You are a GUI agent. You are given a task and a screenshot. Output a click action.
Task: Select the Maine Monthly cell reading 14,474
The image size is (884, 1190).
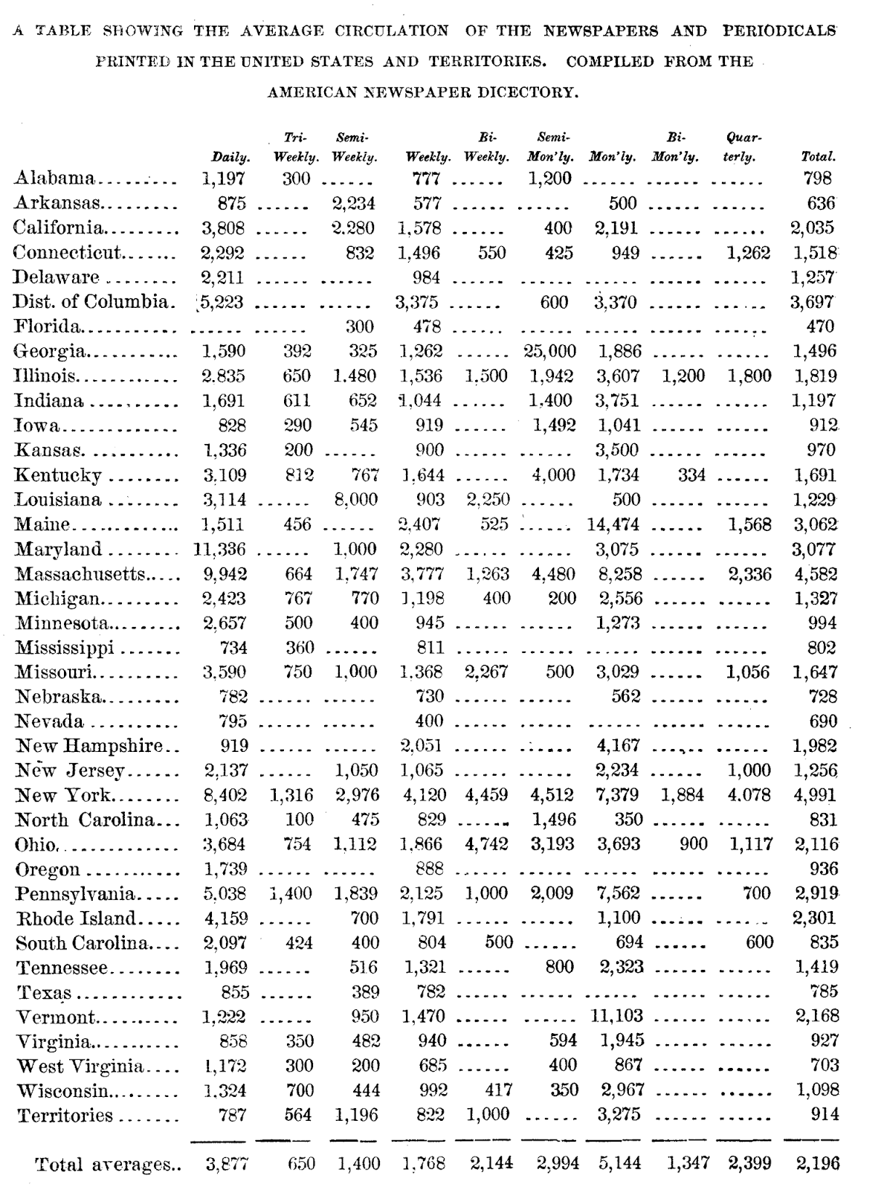(x=613, y=524)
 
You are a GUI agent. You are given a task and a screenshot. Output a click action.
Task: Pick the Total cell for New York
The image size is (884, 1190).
(x=815, y=795)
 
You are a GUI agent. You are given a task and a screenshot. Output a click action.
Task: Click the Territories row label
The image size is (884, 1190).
(x=65, y=1116)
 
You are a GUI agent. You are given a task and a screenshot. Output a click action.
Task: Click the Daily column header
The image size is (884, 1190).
(x=230, y=158)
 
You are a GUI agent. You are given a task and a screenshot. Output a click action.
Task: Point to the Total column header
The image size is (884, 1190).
(x=818, y=158)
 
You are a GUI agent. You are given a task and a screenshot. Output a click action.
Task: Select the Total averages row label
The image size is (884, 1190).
(x=103, y=1165)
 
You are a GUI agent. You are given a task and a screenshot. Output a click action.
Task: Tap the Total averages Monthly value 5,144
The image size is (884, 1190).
(x=619, y=1163)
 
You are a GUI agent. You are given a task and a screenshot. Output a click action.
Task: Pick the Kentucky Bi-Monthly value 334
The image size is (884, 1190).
(x=691, y=475)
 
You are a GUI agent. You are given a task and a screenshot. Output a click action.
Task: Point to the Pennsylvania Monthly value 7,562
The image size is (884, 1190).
(x=617, y=893)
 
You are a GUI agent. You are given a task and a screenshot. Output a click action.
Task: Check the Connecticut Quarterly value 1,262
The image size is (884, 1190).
(x=748, y=253)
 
